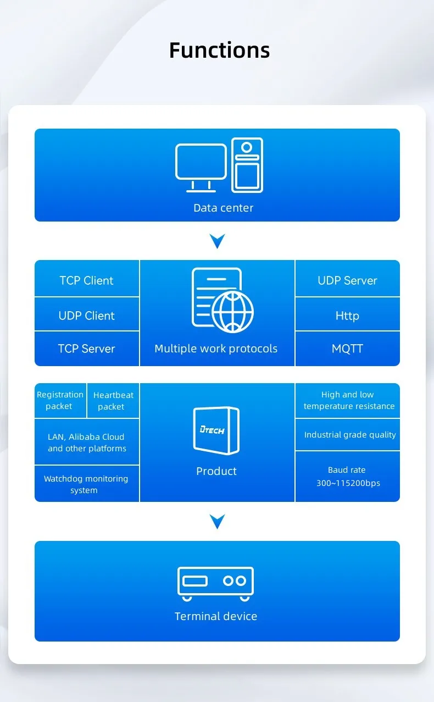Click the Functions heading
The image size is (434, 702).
pyautogui.click(x=219, y=50)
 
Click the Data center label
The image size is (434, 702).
pyautogui.click(x=223, y=208)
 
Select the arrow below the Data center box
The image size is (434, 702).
pyautogui.click(x=218, y=241)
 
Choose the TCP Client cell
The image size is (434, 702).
pyautogui.click(x=87, y=280)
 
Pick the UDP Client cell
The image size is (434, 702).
pyautogui.click(x=87, y=316)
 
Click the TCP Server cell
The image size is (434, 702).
pyautogui.click(x=87, y=349)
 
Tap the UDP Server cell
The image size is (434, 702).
pyautogui.click(x=347, y=280)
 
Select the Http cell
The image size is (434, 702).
pyautogui.click(x=347, y=316)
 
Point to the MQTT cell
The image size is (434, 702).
pyautogui.click(x=347, y=349)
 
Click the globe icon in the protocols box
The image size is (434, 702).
pyautogui.click(x=232, y=312)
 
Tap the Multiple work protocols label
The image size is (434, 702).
pyautogui.click(x=216, y=349)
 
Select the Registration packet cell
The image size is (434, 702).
pyautogui.click(x=60, y=400)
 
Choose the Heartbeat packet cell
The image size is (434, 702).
pyautogui.click(x=113, y=401)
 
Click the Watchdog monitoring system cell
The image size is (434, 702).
pyautogui.click(x=86, y=484)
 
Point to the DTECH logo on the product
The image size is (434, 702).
pyautogui.click(x=212, y=429)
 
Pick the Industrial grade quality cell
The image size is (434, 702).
pyautogui.click(x=350, y=434)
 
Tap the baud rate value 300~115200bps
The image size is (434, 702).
pyautogui.click(x=348, y=483)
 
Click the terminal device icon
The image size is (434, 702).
pyautogui.click(x=215, y=583)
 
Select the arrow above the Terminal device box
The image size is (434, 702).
pyautogui.click(x=218, y=521)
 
